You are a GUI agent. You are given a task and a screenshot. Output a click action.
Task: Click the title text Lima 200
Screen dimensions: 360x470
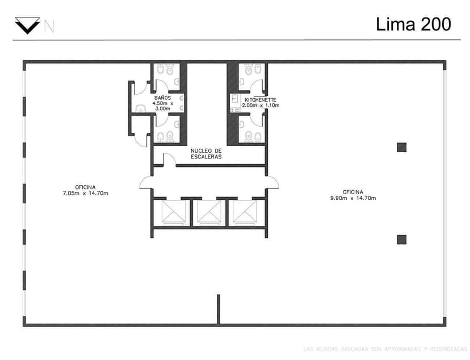pos(413,24)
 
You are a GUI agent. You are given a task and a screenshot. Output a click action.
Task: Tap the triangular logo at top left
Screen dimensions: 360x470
pos(27,26)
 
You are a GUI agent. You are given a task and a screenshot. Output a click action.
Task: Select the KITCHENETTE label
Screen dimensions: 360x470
pos(261,99)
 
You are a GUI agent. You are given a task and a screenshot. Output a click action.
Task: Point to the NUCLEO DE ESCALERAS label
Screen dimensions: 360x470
pos(206,153)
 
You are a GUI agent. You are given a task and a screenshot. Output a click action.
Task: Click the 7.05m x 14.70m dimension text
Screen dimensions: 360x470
pos(85,193)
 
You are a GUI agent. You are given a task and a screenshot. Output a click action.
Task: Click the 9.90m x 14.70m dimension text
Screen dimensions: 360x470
pos(352,198)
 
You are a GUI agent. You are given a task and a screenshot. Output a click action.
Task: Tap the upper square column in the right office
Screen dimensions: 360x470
pos(402,147)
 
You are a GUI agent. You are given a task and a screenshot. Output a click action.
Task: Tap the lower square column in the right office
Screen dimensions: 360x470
pos(402,239)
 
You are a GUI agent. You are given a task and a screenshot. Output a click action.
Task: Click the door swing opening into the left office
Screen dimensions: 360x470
pos(146,182)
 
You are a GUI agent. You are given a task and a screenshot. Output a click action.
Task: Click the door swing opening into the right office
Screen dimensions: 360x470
pos(272,182)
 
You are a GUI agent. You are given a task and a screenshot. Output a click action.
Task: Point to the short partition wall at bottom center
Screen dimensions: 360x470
pos(218,309)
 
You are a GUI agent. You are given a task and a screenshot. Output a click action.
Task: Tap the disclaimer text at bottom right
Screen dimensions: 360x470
pos(385,348)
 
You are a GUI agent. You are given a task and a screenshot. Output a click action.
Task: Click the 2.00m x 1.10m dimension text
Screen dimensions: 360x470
pos(261,105)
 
